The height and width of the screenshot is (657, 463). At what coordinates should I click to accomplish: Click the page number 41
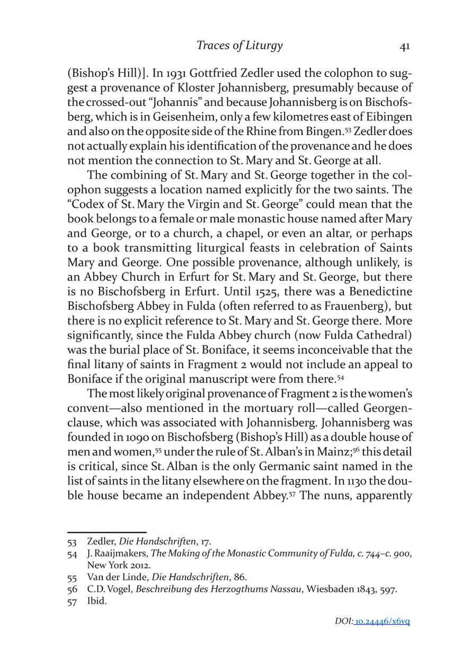click(404, 46)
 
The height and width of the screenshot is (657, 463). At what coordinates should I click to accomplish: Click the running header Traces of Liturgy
click(239, 46)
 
